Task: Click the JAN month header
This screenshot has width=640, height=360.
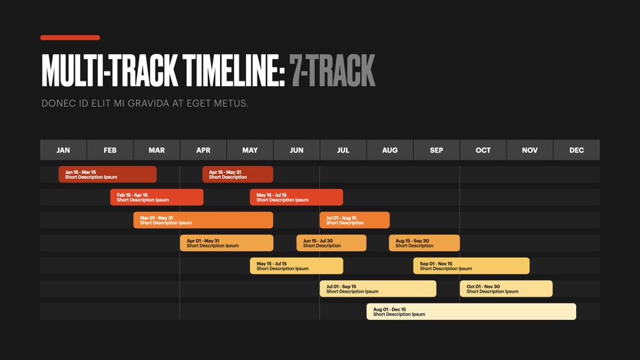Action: tap(63, 150)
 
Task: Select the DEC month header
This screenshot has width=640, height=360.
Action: tap(577, 150)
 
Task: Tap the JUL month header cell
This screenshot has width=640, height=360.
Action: tap(343, 150)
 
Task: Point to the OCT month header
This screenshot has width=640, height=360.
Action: tap(483, 150)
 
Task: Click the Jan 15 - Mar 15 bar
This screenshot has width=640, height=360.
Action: tap(107, 174)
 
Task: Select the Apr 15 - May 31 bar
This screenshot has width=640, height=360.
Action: tap(237, 174)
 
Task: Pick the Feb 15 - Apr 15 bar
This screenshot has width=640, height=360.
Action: tap(157, 197)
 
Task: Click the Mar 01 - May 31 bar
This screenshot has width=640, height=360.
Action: tap(203, 220)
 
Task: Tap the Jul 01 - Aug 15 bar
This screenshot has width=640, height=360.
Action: tap(355, 220)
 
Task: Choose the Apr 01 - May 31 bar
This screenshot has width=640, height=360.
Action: tap(227, 243)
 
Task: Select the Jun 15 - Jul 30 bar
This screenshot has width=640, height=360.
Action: tap(331, 243)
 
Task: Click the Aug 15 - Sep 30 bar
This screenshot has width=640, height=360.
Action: tap(425, 243)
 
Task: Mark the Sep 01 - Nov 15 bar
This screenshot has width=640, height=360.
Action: tap(471, 266)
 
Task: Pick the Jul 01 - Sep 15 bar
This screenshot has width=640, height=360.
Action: tap(378, 289)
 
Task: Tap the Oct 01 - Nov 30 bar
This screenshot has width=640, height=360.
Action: tap(506, 289)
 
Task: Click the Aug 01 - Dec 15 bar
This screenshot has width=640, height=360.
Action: tap(471, 311)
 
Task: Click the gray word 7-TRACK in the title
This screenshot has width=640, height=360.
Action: tap(332, 71)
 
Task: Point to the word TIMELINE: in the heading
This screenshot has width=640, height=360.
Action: tap(233, 71)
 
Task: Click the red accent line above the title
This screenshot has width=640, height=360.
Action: tap(70, 37)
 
